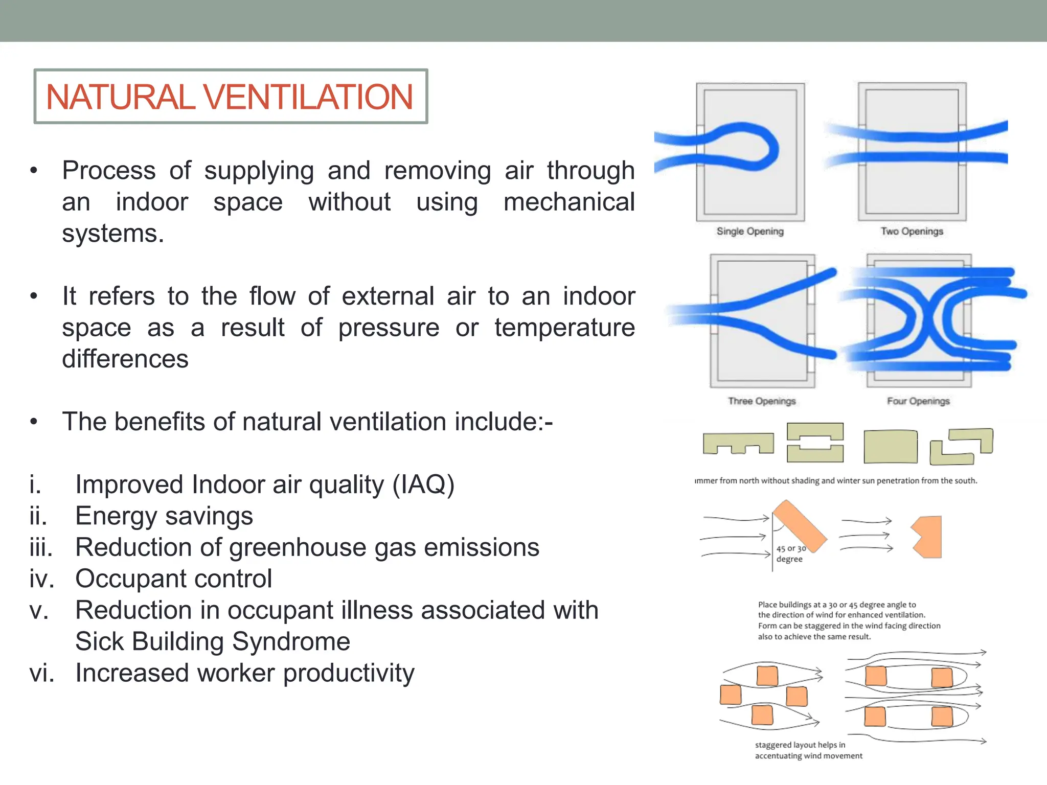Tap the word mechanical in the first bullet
[568, 202]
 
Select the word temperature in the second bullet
[564, 327]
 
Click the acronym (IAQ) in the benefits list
[423, 484]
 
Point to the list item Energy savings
[164, 516]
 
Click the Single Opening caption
[750, 232]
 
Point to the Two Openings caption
[912, 232]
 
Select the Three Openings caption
[762, 401]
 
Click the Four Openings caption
[918, 401]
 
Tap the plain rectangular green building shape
[890, 447]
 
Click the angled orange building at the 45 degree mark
[799, 526]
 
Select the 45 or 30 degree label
[790, 554]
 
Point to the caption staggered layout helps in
[800, 745]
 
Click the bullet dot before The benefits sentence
[34, 422]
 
